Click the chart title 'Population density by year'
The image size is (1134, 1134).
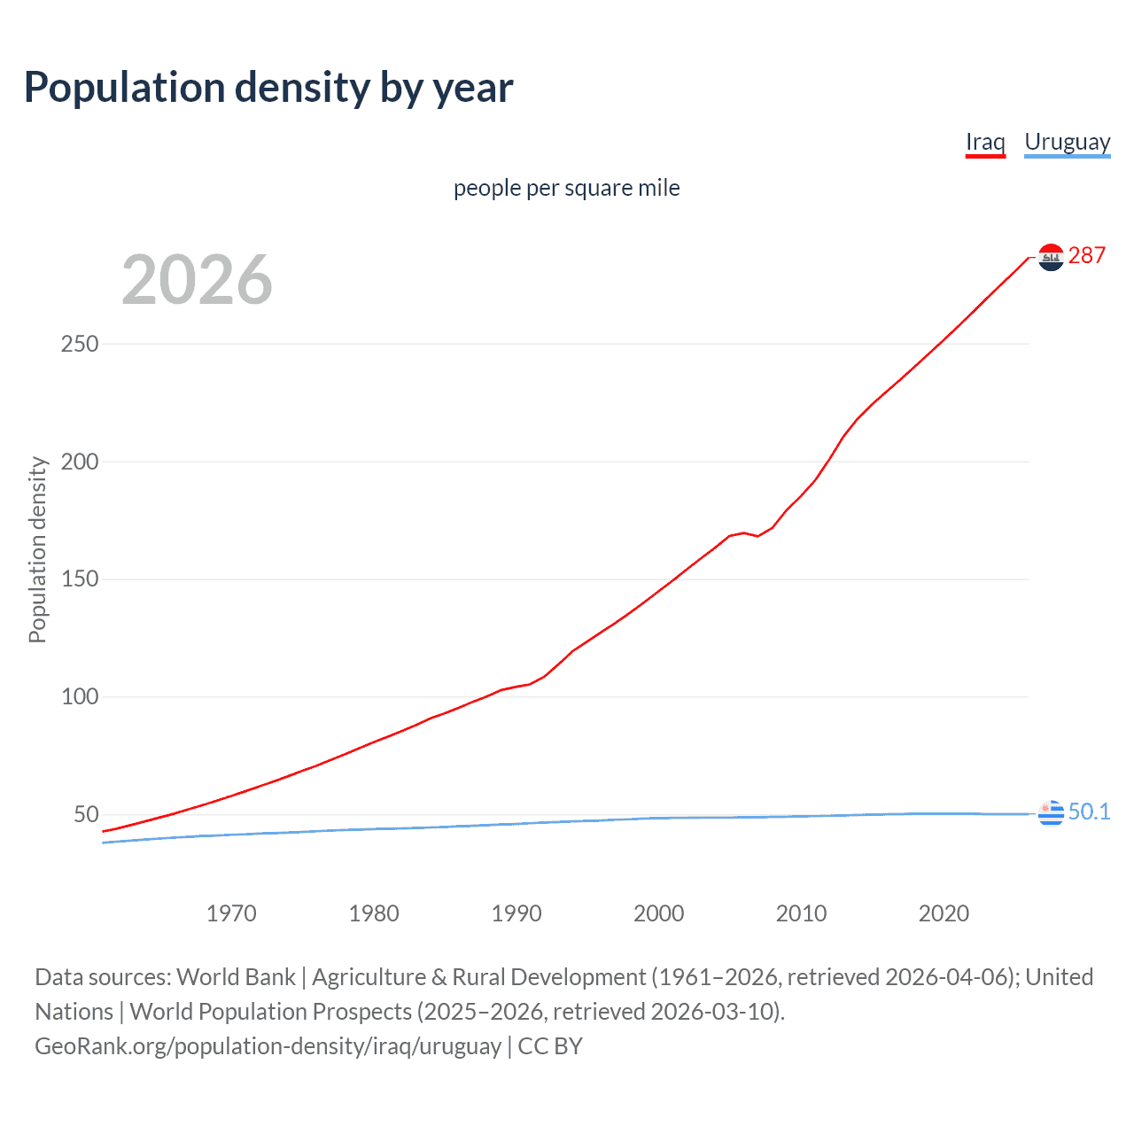tap(268, 88)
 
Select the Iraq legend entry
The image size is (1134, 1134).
tap(985, 142)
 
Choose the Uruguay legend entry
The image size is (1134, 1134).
tap(1067, 142)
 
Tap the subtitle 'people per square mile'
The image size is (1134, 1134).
tap(567, 188)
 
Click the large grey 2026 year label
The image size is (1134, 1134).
tap(197, 280)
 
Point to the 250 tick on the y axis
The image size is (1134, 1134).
tap(79, 344)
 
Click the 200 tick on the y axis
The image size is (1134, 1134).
tap(79, 462)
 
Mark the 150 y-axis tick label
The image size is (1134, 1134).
tap(79, 579)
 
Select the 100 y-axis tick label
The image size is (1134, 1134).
tap(79, 697)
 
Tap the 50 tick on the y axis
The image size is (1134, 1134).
tap(85, 814)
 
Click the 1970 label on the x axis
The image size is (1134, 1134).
tap(231, 913)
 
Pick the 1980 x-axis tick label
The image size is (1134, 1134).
tap(374, 913)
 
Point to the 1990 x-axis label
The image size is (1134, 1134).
tap(517, 913)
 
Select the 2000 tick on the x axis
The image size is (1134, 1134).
tap(658, 913)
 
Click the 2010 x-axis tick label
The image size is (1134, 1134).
tap(801, 913)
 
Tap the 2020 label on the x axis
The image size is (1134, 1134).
tap(944, 913)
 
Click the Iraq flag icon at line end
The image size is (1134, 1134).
tap(1051, 257)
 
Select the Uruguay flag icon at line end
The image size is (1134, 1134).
tap(1051, 812)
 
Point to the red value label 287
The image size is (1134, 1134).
tap(1087, 256)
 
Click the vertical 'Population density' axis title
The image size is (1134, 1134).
tap(37, 549)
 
